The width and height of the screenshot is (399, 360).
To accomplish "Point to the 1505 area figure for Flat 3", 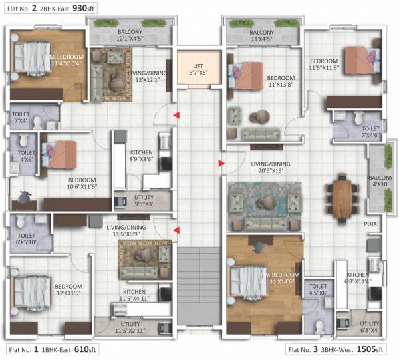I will coord(362,349).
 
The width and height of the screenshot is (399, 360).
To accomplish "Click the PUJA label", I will coord(370,224).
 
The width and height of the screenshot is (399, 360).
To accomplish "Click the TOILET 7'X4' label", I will coord(21,118).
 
